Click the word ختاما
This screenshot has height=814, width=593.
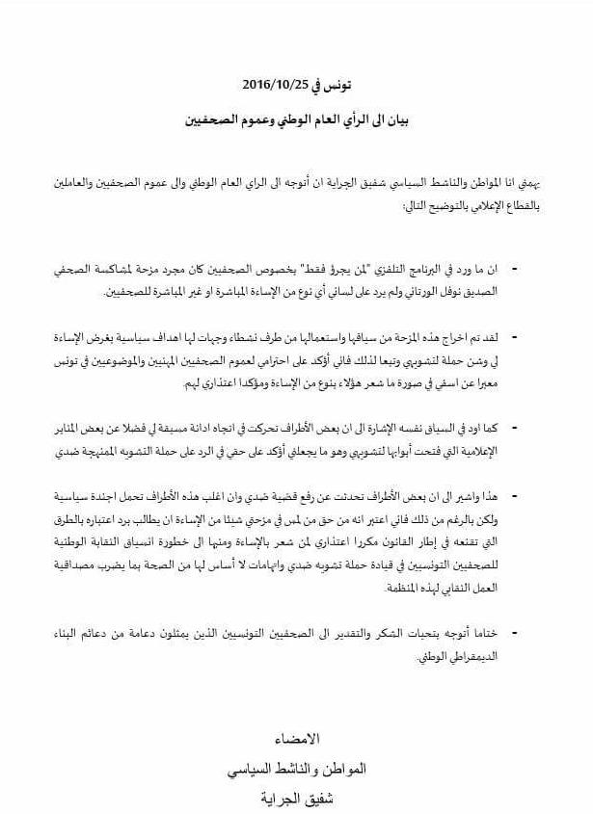tap(485, 632)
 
